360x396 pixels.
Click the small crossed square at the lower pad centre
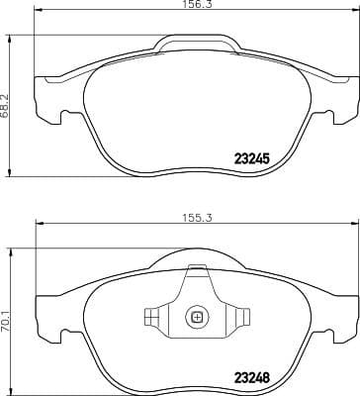click(196, 318)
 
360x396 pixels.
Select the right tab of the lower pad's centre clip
click(239, 318)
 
